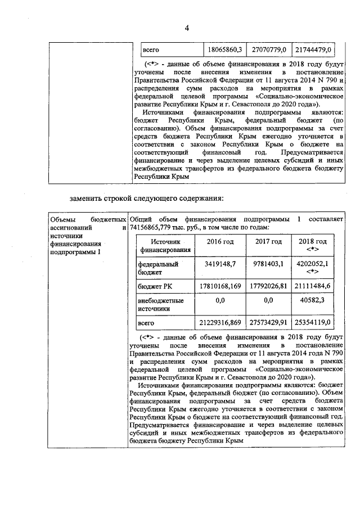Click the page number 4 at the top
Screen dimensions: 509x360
tap(187, 29)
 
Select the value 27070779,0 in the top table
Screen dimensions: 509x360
tap(268, 49)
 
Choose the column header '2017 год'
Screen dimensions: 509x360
tap(268, 242)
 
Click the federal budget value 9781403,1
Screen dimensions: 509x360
tap(268, 263)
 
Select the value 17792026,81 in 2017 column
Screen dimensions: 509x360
tap(268, 287)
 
